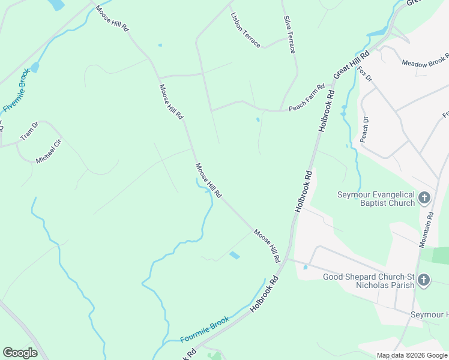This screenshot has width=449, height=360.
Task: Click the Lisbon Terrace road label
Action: coord(246,30)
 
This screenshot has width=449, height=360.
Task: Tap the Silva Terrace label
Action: coord(289,35)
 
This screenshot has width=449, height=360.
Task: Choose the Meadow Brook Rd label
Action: coord(426,61)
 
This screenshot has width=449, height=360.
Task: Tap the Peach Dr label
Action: coord(364,129)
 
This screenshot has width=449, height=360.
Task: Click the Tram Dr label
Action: coord(29,131)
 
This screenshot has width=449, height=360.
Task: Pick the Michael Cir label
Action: coord(49,151)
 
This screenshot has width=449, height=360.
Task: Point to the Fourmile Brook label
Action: coord(205,329)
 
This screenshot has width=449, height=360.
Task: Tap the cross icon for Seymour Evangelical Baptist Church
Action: coord(424,197)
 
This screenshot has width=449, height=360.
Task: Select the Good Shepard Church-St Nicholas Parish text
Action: coord(369,281)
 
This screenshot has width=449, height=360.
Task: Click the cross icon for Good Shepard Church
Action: coord(424,280)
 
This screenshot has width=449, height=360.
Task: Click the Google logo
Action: coord(20,353)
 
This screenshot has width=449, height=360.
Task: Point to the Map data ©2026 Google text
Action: coord(411,355)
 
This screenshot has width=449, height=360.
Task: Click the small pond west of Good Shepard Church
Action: coord(306,267)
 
